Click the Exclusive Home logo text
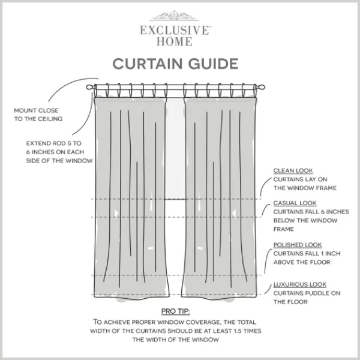coord(175,36)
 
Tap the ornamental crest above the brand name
coord(174,16)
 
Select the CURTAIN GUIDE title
coord(175,64)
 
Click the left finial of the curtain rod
coord(91,87)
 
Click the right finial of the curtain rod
coord(260,87)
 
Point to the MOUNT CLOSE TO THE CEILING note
coord(38,115)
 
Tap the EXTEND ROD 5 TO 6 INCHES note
coord(59,152)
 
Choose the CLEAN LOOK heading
coord(293,171)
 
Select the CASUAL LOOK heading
coord(295,203)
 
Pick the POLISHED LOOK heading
coord(298,245)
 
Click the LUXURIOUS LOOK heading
coord(300,284)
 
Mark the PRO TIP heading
coord(175,311)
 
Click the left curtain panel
coord(131,197)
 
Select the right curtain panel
coord(219,197)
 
